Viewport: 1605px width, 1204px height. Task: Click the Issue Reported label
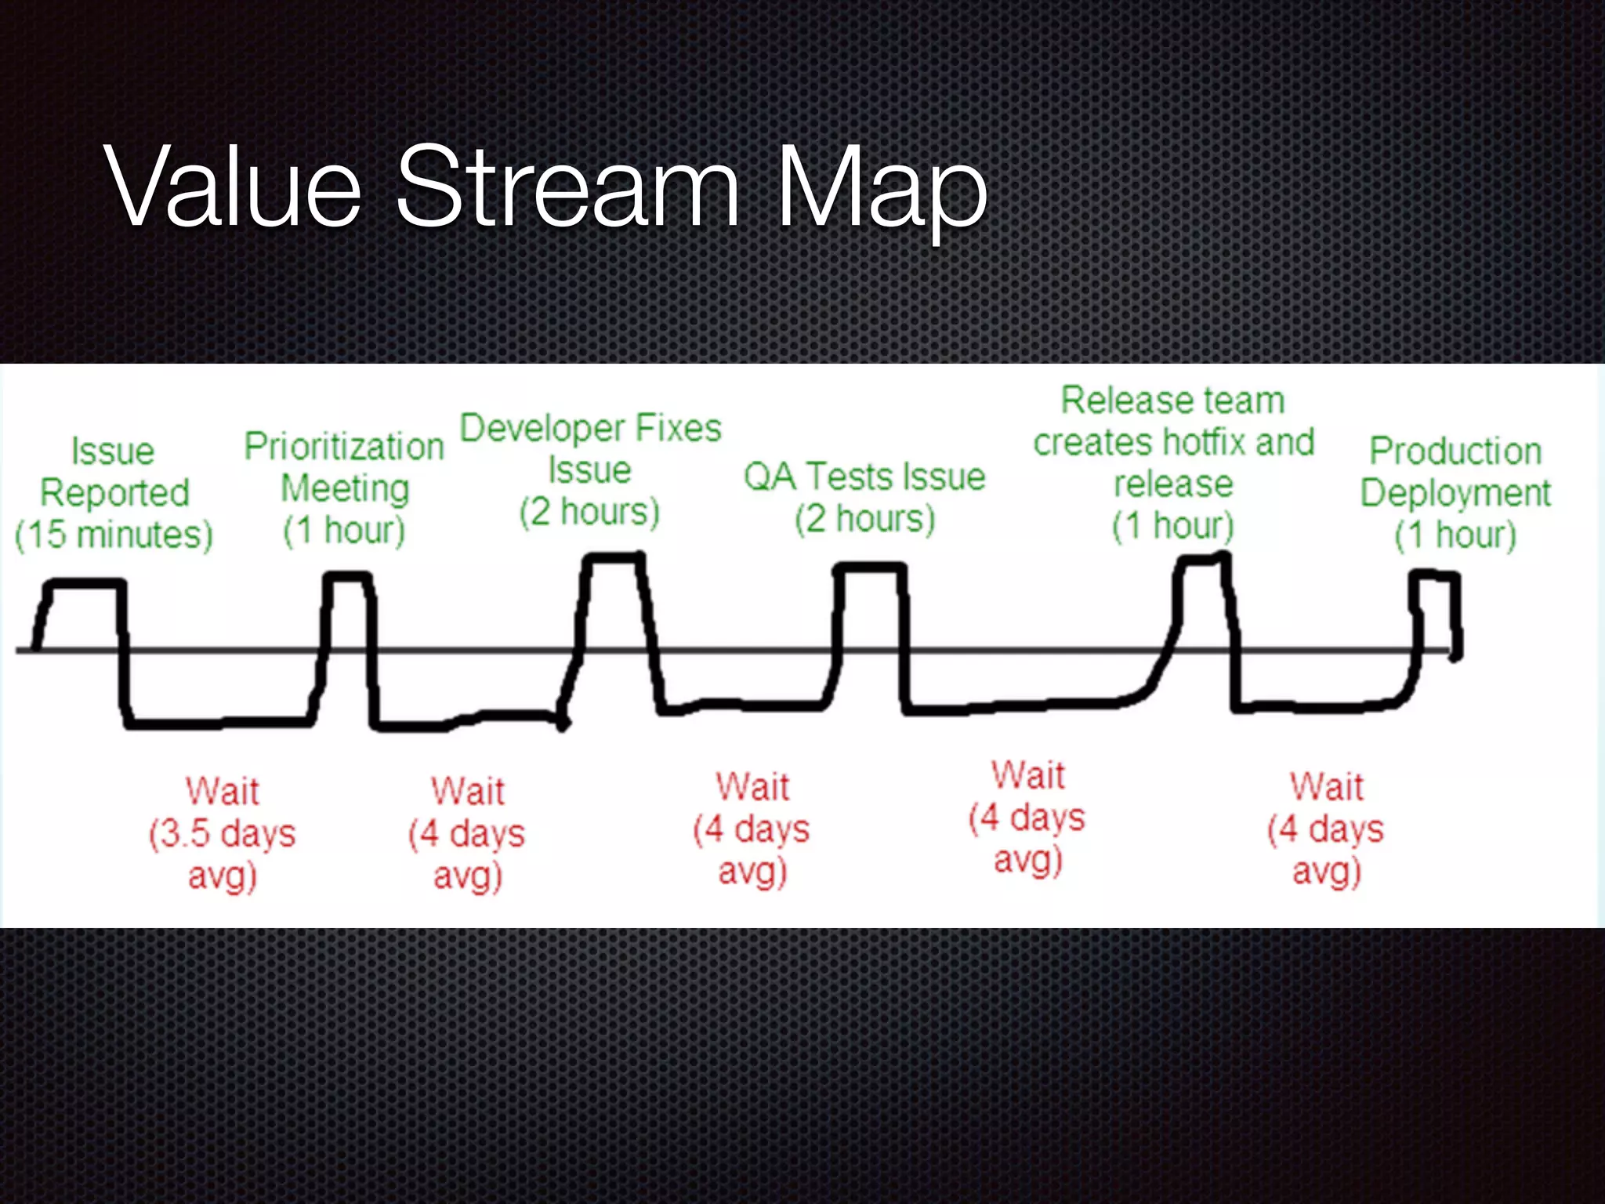pos(114,472)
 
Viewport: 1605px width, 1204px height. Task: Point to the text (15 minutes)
pos(114,535)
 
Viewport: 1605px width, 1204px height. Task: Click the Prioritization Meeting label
pos(344,467)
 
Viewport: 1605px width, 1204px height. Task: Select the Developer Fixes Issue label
pos(590,448)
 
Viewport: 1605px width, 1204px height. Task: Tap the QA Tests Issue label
pos(864,477)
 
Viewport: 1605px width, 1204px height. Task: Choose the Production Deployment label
pos(1455,472)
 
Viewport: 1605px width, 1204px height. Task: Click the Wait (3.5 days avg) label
pos(223,833)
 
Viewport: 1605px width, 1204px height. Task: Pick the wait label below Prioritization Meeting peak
pos(467,833)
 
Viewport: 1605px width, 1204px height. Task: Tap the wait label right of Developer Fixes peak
pos(752,829)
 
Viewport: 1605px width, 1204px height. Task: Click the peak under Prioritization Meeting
pos(347,578)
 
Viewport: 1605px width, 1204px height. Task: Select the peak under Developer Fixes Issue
pos(615,558)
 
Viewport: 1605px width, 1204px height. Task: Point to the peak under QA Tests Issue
pos(869,568)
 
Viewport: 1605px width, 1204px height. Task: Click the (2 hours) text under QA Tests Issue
pos(864,520)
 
